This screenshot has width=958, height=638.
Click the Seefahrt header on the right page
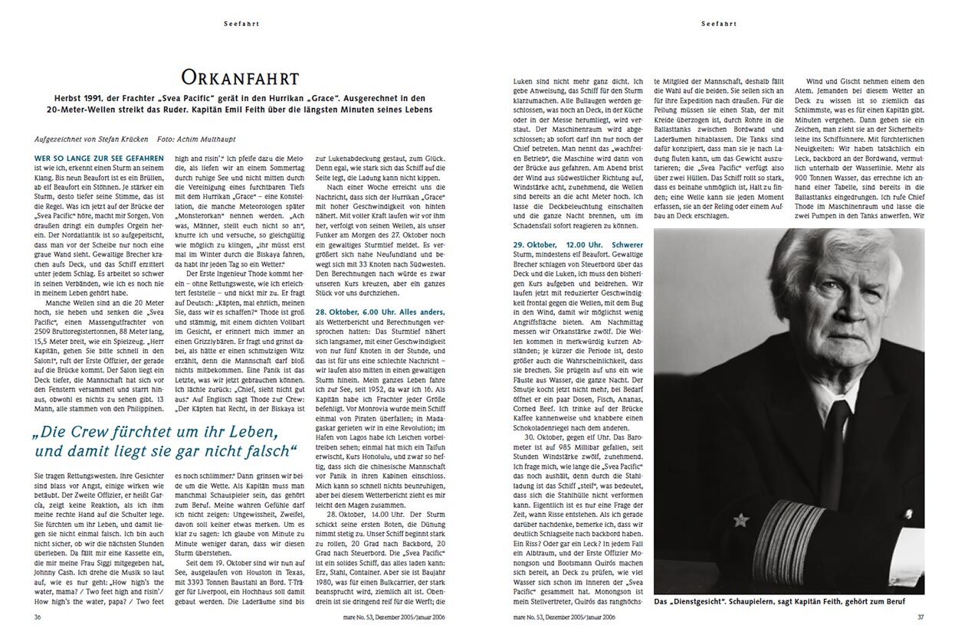click(720, 24)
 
